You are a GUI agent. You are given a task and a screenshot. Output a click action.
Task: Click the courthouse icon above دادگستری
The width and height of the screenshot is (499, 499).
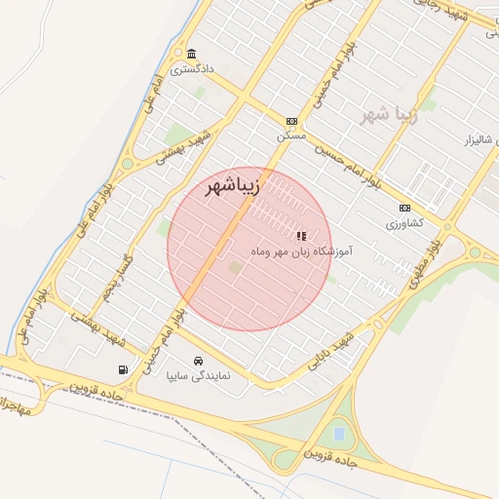tap(192, 54)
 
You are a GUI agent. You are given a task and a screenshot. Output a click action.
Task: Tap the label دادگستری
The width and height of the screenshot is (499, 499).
tap(190, 69)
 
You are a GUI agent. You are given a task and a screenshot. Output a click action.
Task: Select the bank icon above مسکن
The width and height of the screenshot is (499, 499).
tap(290, 121)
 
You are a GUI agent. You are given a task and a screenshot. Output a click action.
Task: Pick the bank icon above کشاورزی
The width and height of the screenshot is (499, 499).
tap(404, 208)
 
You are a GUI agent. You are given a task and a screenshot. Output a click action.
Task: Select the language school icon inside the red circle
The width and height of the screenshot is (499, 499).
tap(301, 235)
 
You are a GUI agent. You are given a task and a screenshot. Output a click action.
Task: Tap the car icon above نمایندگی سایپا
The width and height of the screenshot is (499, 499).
tap(200, 360)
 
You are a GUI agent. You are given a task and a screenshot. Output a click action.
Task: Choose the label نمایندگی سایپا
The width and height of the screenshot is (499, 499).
tap(198, 374)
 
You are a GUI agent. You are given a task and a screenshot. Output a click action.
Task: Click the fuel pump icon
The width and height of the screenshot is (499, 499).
tap(123, 369)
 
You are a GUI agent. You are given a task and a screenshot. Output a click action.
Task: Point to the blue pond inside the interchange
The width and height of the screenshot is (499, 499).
tap(338, 432)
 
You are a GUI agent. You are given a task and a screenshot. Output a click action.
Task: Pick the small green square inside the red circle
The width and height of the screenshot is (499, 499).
tap(234, 266)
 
